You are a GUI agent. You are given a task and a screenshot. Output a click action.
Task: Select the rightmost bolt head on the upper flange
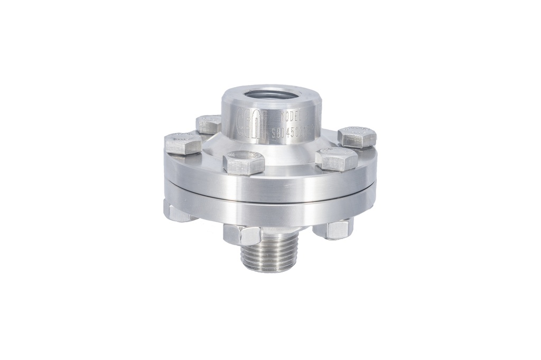(357, 137)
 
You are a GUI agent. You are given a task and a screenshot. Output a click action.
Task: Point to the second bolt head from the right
(336, 159)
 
